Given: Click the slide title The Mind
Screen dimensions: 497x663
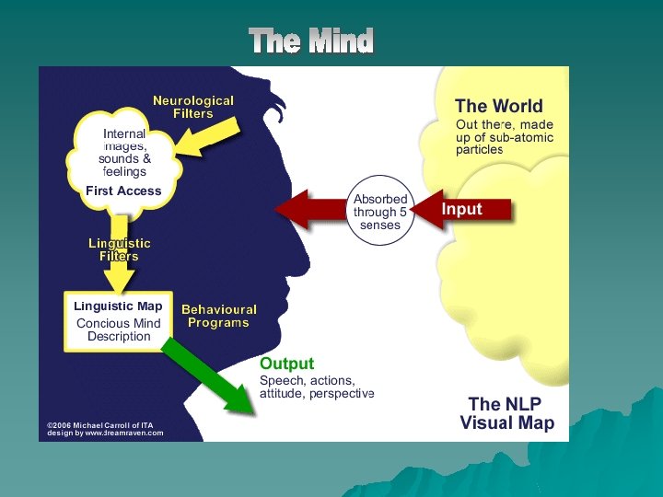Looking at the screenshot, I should point(311,41).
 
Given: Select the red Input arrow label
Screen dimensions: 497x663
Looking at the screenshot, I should point(461,209).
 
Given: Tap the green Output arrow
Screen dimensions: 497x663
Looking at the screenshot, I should point(208,376).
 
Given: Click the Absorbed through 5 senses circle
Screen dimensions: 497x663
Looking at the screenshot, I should point(380,213).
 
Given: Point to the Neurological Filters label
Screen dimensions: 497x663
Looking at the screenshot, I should point(193,107).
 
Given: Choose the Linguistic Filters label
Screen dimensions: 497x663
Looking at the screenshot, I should point(120,249).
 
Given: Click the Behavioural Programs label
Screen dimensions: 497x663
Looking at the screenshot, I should point(219,316).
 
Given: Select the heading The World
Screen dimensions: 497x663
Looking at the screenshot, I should point(499,106).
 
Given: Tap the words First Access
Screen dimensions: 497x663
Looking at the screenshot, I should point(123,191).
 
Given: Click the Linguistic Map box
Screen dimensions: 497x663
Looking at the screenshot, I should point(118,321).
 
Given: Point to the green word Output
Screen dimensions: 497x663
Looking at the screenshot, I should point(286,364).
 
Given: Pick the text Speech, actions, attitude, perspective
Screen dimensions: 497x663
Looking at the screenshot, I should point(316,387).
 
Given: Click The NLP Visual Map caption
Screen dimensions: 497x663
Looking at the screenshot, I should point(507,413).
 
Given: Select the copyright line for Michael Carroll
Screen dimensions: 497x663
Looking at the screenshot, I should point(100,425).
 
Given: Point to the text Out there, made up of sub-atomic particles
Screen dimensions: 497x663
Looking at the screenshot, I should point(504,137).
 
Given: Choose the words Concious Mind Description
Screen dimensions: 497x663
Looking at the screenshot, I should point(119,330).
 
